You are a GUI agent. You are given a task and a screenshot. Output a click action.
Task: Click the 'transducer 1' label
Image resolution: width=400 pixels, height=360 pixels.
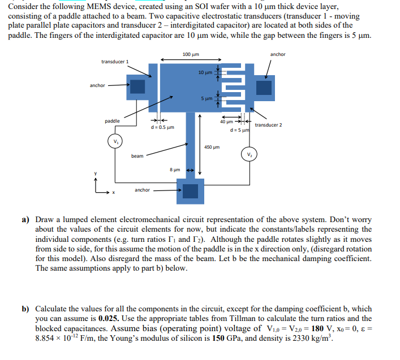(x=115, y=61)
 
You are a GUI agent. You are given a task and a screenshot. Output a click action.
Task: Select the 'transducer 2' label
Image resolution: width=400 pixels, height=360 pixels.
(x=269, y=125)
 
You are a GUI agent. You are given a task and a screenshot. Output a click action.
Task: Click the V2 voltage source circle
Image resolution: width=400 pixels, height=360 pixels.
(x=249, y=154)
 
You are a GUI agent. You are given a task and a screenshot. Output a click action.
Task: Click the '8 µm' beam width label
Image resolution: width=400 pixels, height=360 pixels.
(x=175, y=169)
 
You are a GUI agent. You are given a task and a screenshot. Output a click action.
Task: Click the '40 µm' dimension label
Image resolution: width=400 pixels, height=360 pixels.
(x=226, y=121)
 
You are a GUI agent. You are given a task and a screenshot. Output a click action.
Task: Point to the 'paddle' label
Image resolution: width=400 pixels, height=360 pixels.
(x=112, y=121)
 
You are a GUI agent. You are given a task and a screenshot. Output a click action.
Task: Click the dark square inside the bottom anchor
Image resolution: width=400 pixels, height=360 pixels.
(x=191, y=192)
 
